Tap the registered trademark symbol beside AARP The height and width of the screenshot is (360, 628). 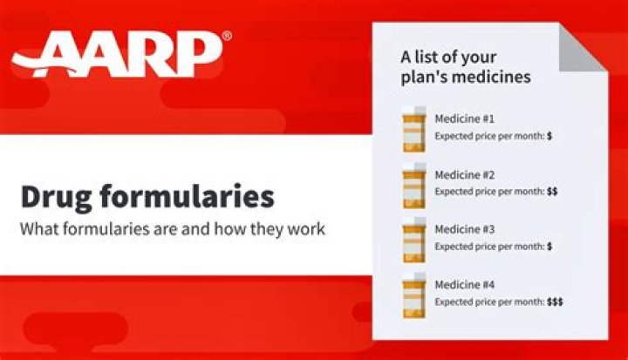tap(227, 36)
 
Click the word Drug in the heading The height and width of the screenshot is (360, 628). tap(59, 196)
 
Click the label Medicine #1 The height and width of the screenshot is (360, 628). tap(464, 119)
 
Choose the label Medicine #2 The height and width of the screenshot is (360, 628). tap(464, 174)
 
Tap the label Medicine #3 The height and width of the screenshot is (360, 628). tap(464, 230)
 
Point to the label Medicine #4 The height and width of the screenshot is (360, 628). tap(464, 286)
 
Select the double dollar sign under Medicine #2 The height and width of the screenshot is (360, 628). tap(552, 191)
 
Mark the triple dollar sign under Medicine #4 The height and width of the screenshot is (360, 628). tap(555, 302)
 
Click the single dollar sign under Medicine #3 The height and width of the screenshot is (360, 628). tap(549, 247)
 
